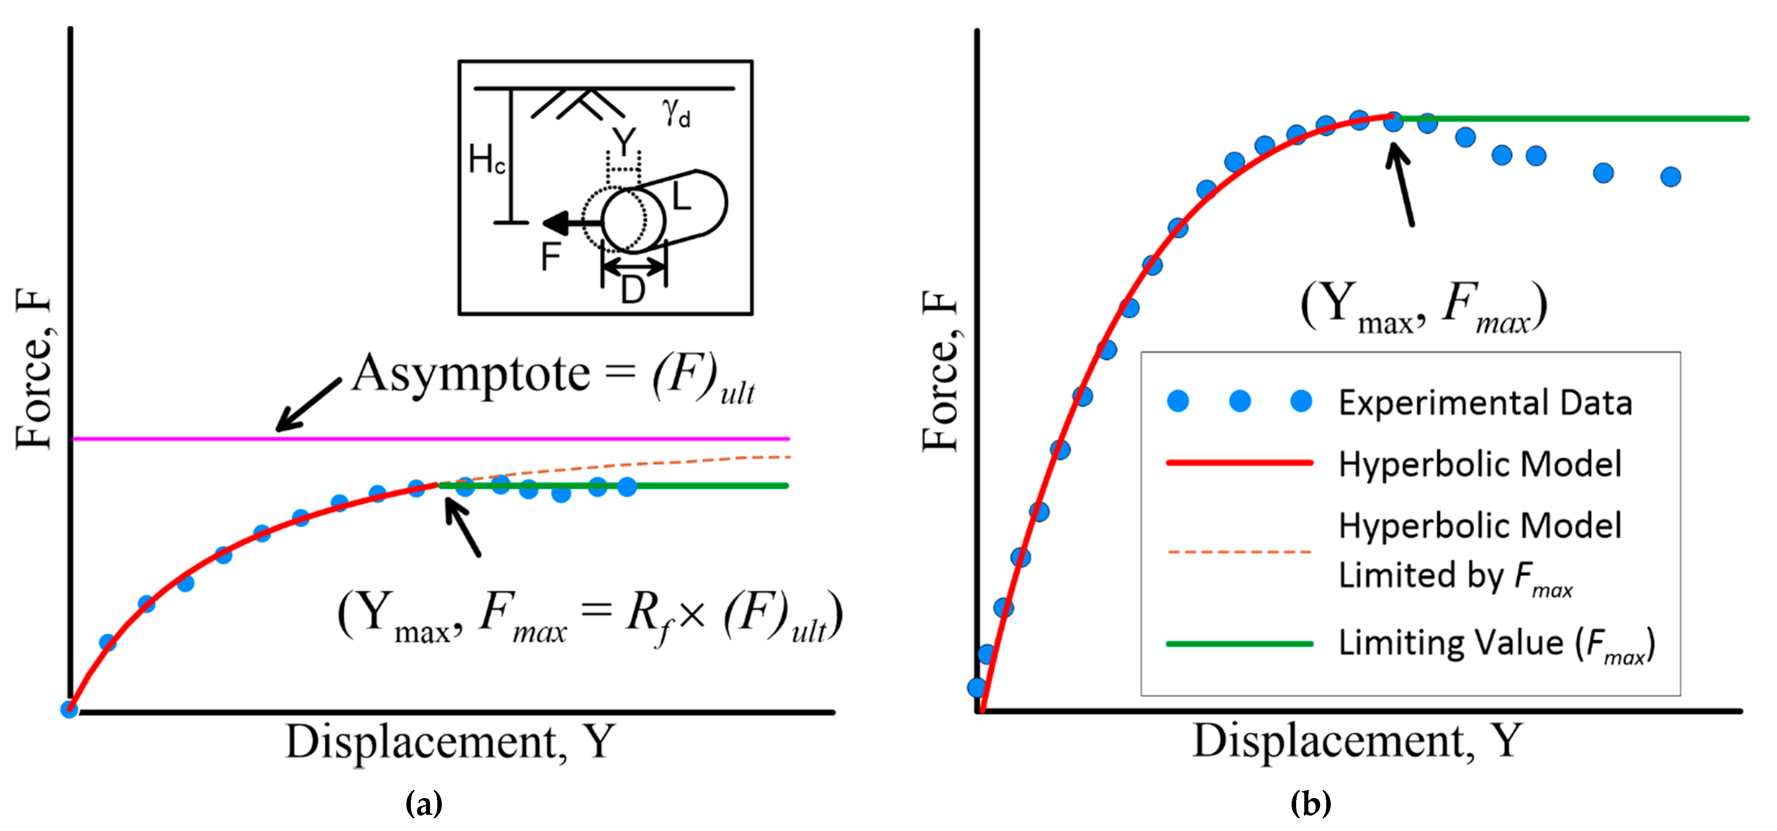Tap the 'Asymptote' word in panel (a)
click(x=471, y=374)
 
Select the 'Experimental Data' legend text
click(x=1485, y=403)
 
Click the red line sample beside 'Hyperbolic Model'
click(x=1239, y=463)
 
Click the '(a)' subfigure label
click(x=424, y=803)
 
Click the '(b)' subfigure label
click(x=1310, y=803)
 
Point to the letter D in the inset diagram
click(x=633, y=289)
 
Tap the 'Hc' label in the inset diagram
click(x=486, y=160)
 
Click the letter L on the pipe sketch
click(x=681, y=197)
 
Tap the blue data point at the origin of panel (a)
click(x=69, y=709)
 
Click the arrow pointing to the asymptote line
click(x=307, y=405)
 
